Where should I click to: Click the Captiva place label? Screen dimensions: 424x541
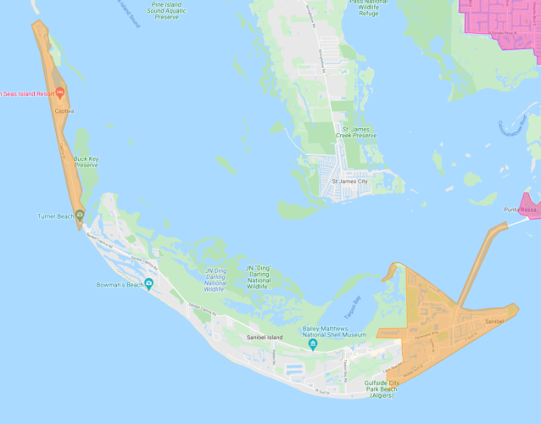click(64, 111)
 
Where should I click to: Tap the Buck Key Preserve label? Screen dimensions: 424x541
click(86, 161)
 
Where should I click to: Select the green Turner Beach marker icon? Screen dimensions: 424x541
click(80, 214)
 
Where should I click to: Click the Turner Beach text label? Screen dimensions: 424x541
click(56, 216)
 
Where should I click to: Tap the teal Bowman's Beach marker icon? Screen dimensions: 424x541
click(149, 283)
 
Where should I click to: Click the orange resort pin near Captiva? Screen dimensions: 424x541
click(61, 92)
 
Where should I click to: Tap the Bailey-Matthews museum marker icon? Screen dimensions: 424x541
click(313, 344)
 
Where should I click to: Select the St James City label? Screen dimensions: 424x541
click(349, 181)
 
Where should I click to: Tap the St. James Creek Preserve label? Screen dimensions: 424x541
click(355, 132)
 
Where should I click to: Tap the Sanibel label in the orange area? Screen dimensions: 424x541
click(494, 321)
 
